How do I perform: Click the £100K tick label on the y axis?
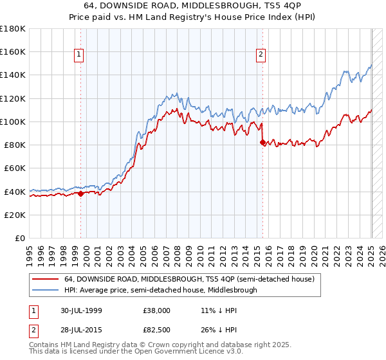[13, 122]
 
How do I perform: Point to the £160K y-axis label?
[13, 51]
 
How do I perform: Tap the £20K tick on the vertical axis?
[15, 215]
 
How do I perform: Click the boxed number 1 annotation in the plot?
[78, 55]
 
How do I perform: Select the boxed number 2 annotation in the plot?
[261, 55]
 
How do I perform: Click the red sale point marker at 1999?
[81, 194]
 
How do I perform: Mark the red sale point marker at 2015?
[262, 142]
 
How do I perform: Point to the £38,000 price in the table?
[156, 310]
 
